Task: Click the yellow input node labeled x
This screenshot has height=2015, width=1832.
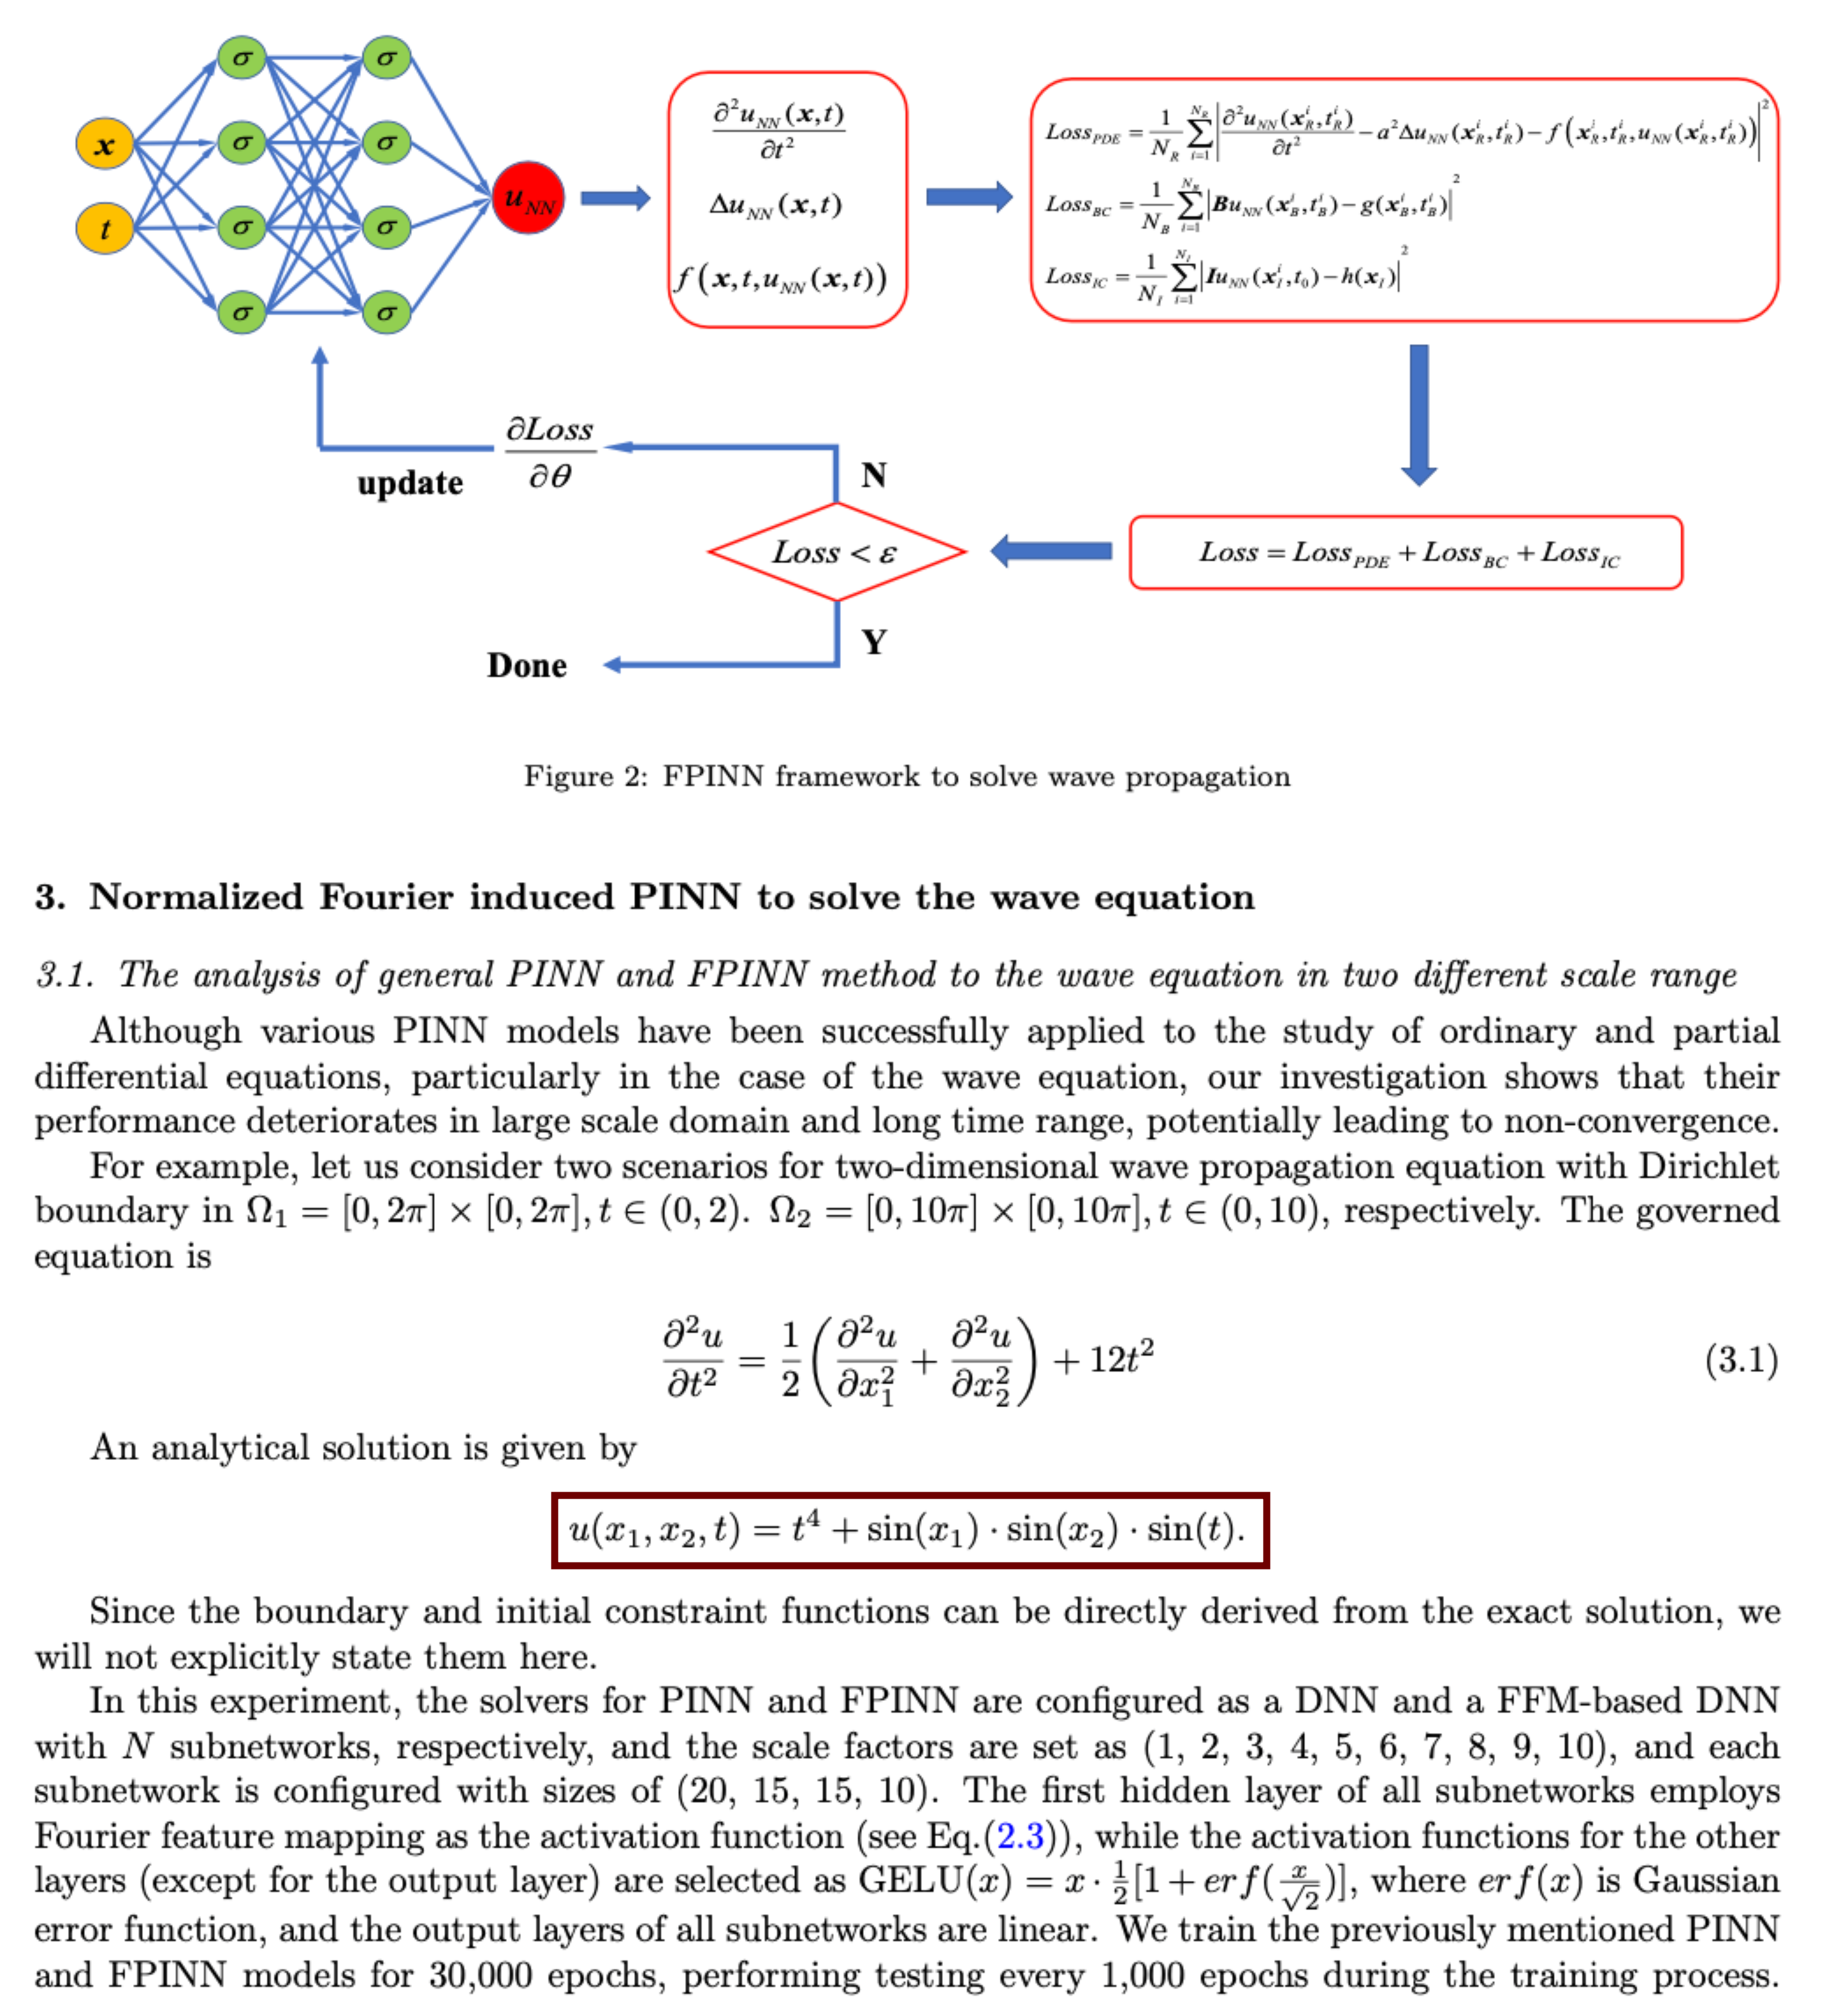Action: (104, 145)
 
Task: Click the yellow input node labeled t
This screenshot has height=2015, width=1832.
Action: (104, 229)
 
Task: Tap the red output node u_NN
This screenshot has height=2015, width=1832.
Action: (527, 198)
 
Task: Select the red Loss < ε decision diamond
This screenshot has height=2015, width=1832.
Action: (836, 552)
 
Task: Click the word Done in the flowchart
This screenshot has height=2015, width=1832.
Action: (527, 666)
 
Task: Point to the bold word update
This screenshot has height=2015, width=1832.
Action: (410, 483)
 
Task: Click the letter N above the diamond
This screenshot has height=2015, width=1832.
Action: (874, 475)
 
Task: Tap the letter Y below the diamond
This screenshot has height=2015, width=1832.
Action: (874, 642)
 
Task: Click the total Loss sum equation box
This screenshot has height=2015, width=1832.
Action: (1405, 553)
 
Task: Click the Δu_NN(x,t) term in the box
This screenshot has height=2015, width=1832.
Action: (775, 205)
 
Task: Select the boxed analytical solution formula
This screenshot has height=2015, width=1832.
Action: (910, 1530)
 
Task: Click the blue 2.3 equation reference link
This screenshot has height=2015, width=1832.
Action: (1020, 1836)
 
